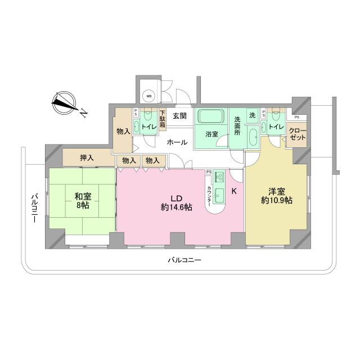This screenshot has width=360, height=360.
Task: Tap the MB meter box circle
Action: pyautogui.click(x=149, y=96)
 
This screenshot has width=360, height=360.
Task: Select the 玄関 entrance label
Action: pyautogui.click(x=179, y=116)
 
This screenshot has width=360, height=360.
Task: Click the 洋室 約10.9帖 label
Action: pyautogui.click(x=276, y=195)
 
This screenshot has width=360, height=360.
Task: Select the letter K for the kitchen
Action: pyautogui.click(x=235, y=191)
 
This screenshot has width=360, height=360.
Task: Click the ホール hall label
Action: pyautogui.click(x=177, y=143)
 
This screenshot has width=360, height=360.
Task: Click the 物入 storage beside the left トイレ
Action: pyautogui.click(x=123, y=132)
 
